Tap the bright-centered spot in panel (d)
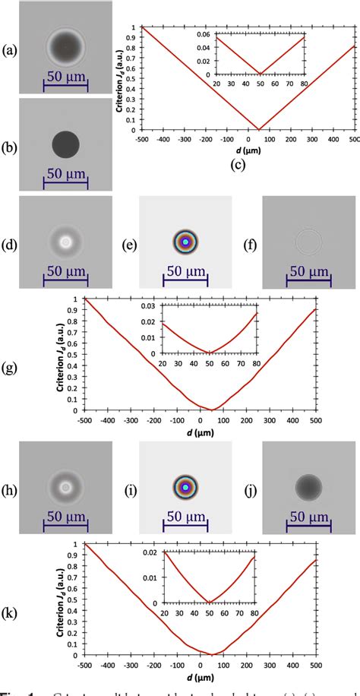[x=67, y=242]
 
